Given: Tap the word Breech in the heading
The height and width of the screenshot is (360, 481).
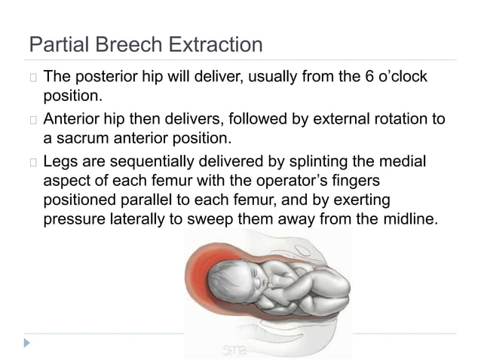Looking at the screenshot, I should (x=123, y=45).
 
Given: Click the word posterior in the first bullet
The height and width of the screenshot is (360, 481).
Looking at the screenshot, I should (x=109, y=78).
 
